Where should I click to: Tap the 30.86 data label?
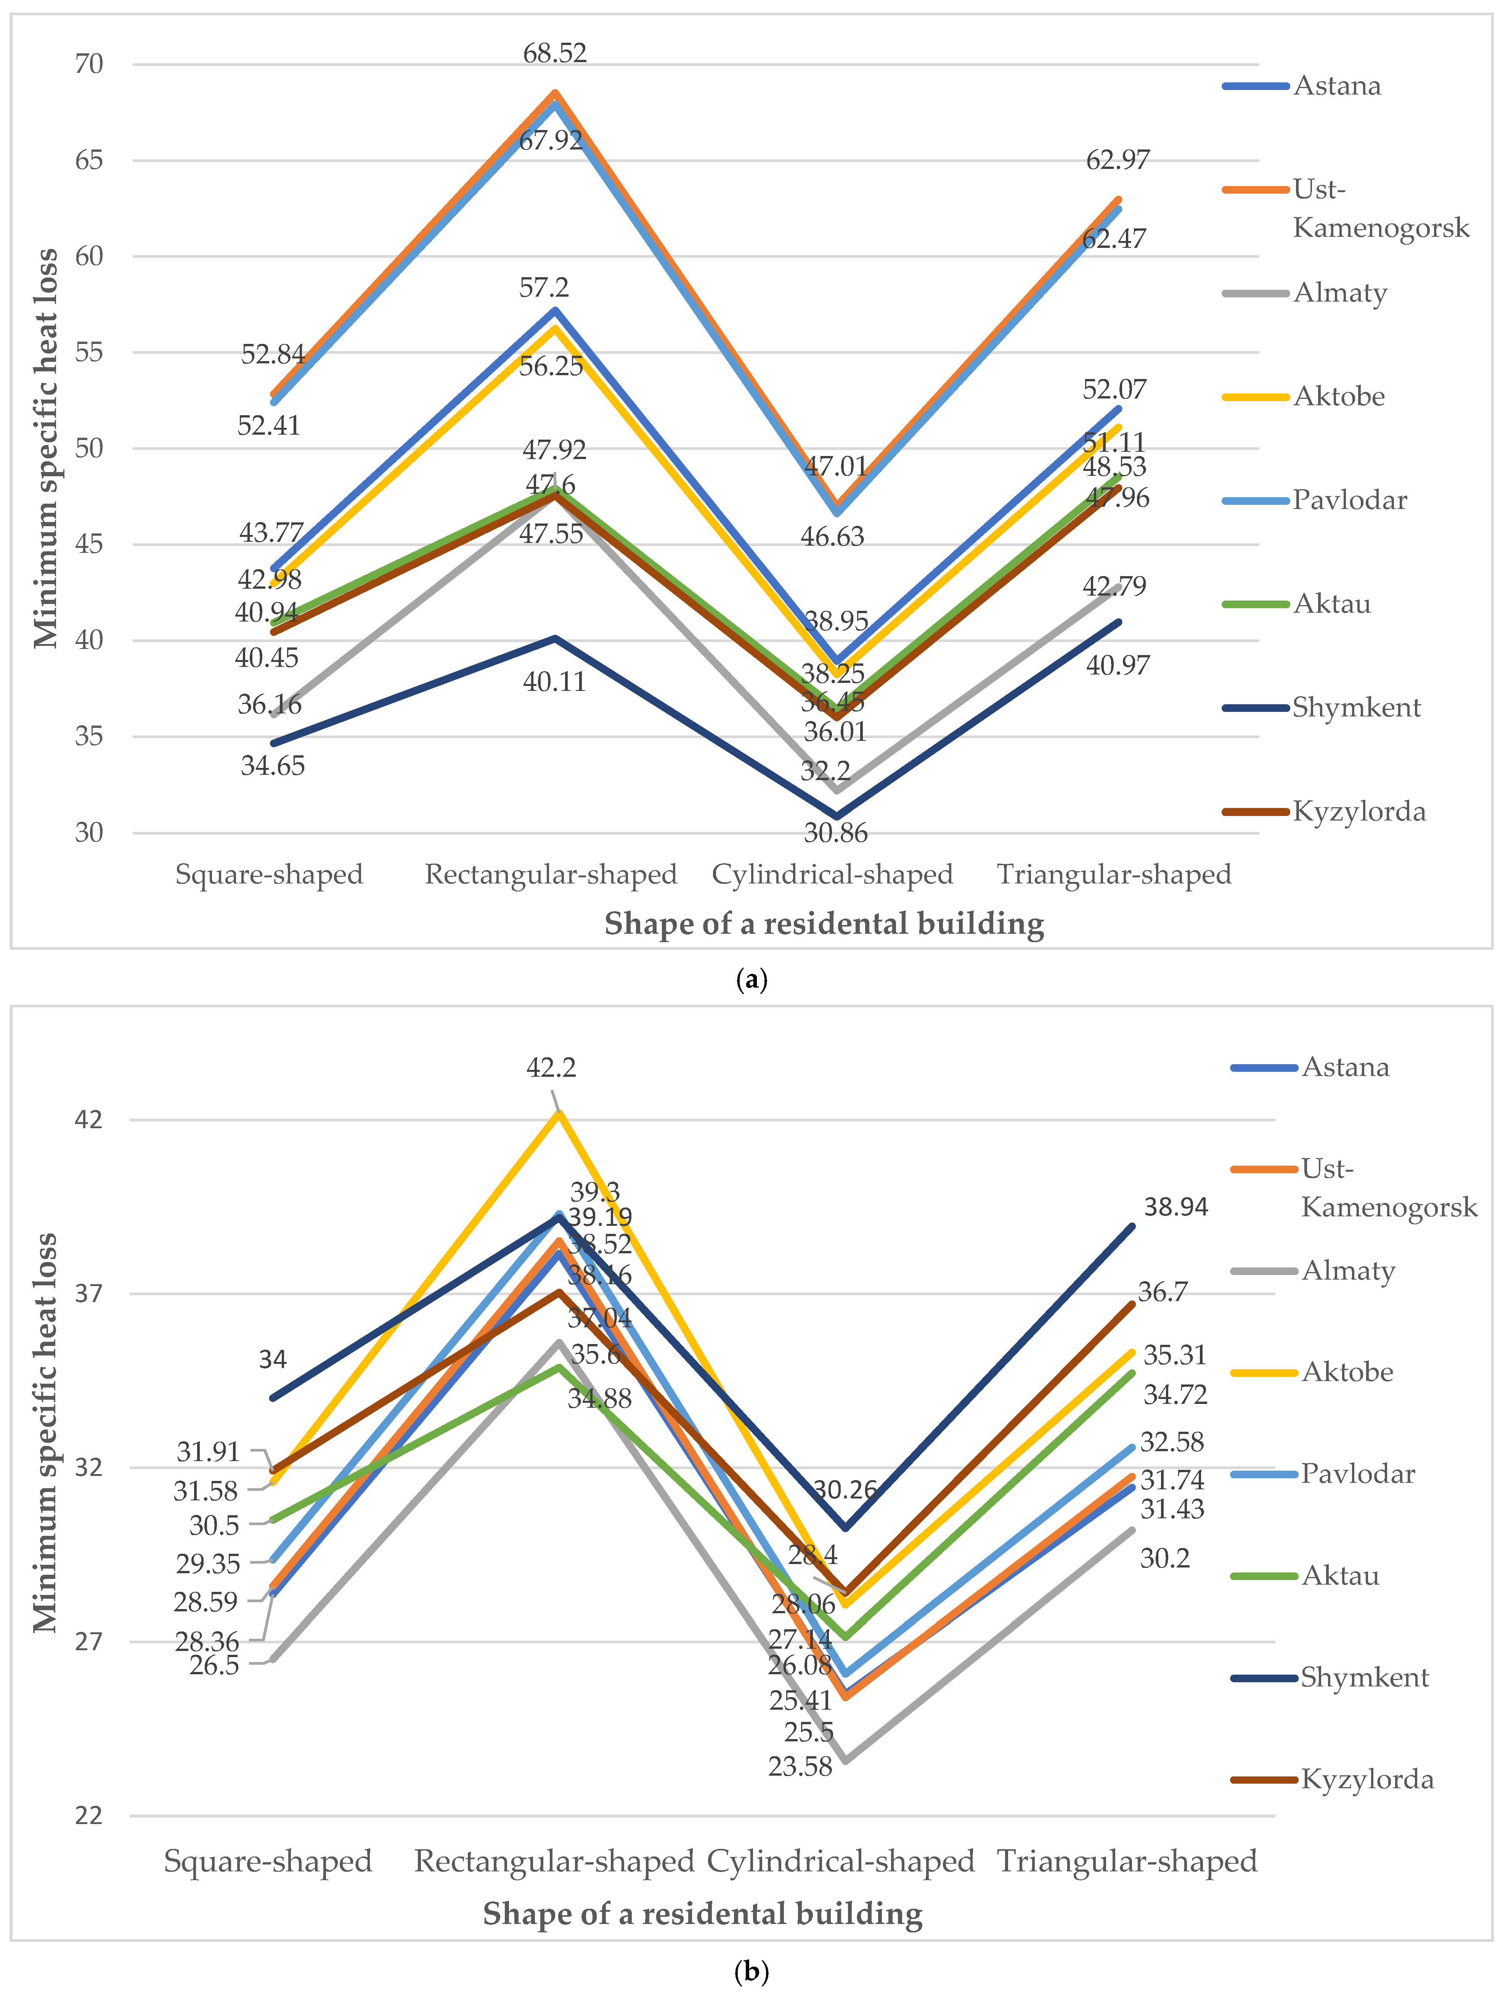[835, 832]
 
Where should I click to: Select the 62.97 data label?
[1118, 159]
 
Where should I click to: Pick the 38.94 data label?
[1175, 1206]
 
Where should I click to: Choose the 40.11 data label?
[554, 682]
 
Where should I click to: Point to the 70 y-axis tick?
[89, 64]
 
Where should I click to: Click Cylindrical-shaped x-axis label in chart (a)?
[832, 874]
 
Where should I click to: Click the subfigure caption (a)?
[751, 980]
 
